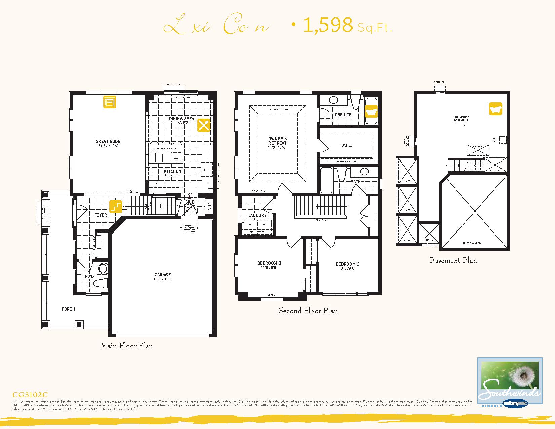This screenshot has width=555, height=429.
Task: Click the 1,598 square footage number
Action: coord(328,26)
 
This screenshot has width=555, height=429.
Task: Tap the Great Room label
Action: coord(108,142)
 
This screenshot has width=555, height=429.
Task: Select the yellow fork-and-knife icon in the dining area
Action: coord(203,125)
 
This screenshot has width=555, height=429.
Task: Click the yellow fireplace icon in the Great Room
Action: coord(110,102)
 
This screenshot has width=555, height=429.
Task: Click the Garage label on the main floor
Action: coord(163,275)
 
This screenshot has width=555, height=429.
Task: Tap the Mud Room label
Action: coord(190,204)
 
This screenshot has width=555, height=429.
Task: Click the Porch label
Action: coord(68,309)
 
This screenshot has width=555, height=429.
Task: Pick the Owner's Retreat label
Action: coord(277,141)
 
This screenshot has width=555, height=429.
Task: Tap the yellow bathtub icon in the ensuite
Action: coord(371,111)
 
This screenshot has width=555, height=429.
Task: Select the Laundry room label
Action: coord(257,215)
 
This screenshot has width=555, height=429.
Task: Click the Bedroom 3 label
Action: coord(269,263)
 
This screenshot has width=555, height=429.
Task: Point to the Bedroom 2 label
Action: coord(347,264)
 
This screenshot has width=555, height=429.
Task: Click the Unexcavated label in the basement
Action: coord(472,243)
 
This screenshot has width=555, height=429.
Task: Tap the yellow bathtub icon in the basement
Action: coord(495,109)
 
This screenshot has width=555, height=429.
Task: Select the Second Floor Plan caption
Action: coord(308,311)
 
